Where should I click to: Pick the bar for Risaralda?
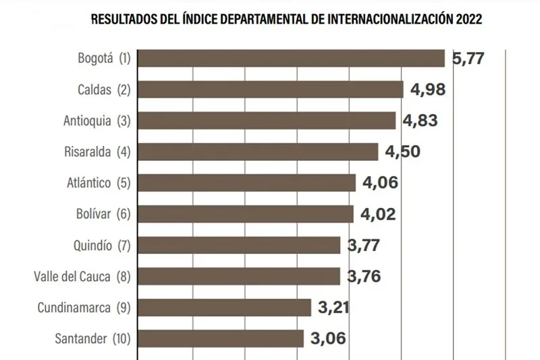pyautogui.click(x=258, y=151)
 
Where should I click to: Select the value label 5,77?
pyautogui.click(x=468, y=59)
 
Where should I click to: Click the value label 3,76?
pyautogui.click(x=364, y=277)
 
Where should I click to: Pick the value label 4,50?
pyautogui.click(x=402, y=152)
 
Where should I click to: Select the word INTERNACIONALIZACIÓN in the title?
pyautogui.click(x=381, y=20)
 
